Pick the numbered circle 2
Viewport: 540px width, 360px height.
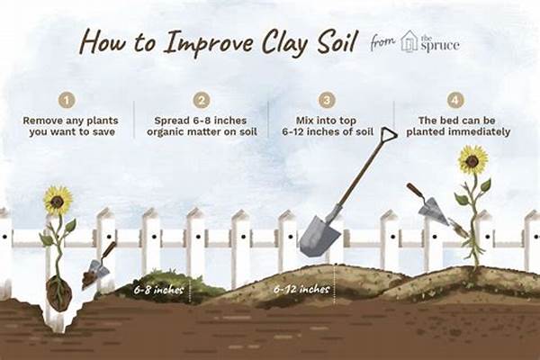202,101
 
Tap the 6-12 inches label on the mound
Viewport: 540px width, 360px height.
301,289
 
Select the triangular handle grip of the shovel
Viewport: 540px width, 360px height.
388,136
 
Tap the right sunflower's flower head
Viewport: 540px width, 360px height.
472,161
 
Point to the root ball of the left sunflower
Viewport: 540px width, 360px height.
58,293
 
